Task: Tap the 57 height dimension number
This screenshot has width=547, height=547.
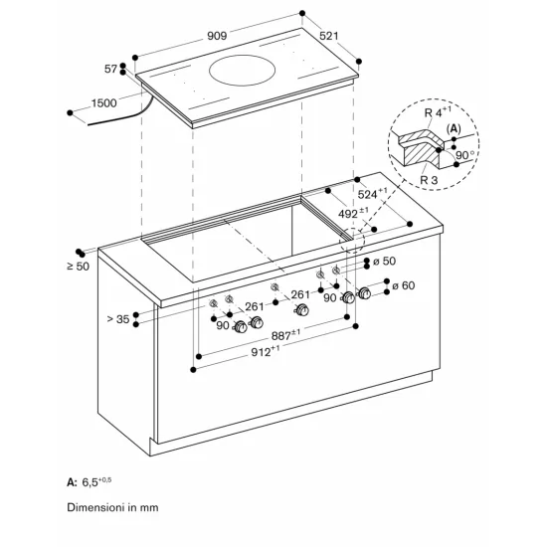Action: click(x=110, y=68)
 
